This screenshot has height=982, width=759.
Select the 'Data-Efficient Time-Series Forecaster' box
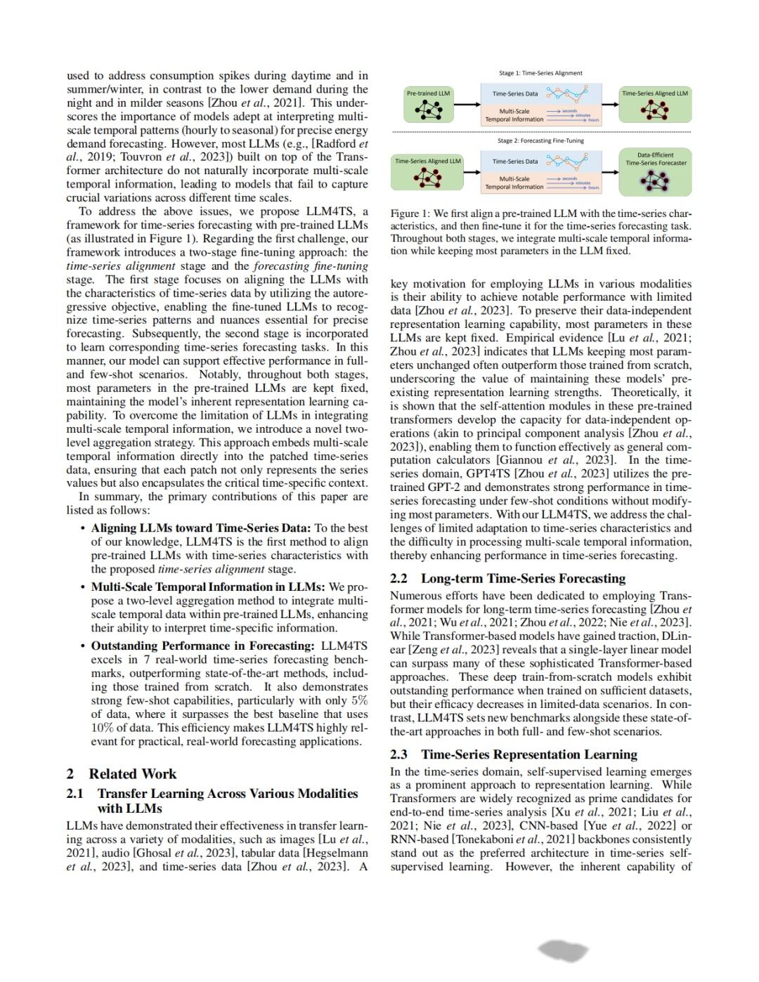(x=656, y=171)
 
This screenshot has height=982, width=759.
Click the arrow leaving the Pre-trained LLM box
(x=466, y=105)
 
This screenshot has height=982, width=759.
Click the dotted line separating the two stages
(x=540, y=131)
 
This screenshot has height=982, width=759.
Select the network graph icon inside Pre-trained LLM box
(x=429, y=109)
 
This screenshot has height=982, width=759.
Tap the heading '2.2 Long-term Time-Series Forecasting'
(x=507, y=578)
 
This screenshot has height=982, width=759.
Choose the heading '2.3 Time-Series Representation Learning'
(x=514, y=754)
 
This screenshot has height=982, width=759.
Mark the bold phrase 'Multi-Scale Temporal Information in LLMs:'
(x=208, y=587)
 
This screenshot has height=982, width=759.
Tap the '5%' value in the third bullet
(x=359, y=700)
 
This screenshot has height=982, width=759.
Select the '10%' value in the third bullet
(x=103, y=728)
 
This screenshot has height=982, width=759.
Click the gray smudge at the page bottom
(x=563, y=951)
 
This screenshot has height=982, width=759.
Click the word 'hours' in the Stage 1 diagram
(x=594, y=120)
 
